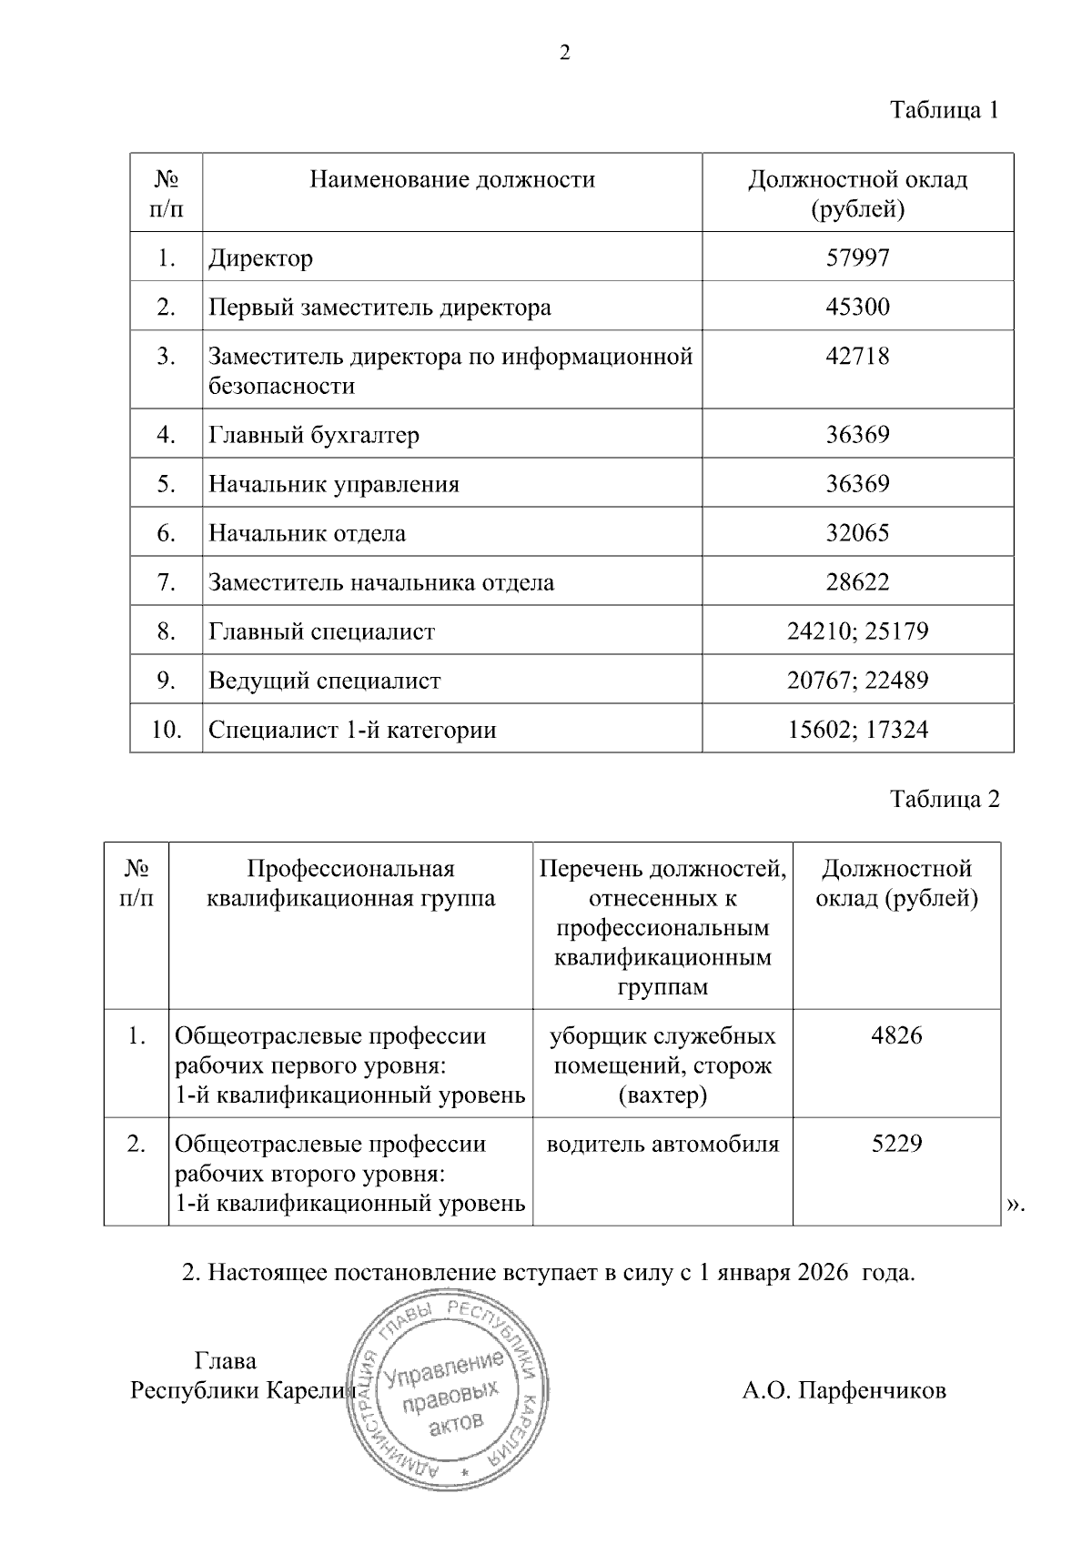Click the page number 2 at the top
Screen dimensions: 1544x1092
tap(564, 54)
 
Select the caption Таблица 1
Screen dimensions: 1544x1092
tap(944, 111)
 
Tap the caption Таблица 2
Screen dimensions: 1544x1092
tap(944, 799)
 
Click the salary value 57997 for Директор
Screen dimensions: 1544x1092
tap(857, 257)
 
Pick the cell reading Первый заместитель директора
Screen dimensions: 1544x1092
tap(379, 307)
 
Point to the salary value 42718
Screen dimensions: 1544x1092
tap(857, 356)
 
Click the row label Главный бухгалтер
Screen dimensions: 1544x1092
tap(314, 435)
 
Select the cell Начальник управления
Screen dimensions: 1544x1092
tap(334, 484)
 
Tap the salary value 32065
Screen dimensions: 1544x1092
tap(857, 533)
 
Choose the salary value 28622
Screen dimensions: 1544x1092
tap(857, 582)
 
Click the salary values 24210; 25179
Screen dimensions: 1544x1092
tap(857, 631)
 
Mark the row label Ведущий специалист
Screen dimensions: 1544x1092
tap(324, 681)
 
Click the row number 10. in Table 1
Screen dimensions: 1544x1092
tap(166, 730)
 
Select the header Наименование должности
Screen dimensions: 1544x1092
tap(452, 179)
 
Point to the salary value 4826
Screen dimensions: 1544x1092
tap(896, 1035)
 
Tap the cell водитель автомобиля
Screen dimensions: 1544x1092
tap(662, 1144)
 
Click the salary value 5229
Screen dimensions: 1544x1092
tap(896, 1144)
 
